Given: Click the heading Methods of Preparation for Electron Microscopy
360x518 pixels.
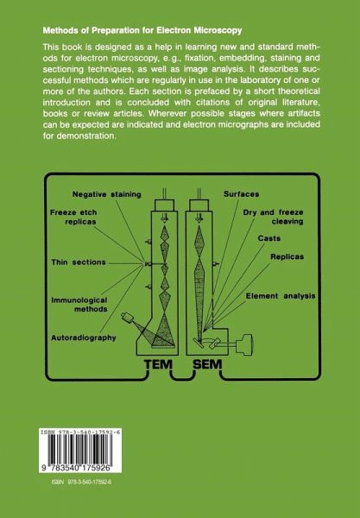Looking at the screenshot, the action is point(142,31).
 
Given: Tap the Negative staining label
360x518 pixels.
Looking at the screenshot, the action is point(107,194).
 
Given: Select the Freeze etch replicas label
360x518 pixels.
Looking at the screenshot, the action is point(73,217).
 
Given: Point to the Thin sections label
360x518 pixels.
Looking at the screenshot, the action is point(79,262).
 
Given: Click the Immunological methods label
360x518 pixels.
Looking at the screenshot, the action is point(79,305).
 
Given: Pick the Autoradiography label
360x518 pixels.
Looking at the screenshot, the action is point(84,338).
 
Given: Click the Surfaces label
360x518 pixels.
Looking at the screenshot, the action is point(241,194).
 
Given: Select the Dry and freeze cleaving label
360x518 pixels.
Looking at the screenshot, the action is point(273,217).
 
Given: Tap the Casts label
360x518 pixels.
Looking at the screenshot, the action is point(269,238).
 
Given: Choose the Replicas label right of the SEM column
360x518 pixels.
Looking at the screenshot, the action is point(287,256).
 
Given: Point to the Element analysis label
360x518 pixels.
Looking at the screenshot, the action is point(281,296).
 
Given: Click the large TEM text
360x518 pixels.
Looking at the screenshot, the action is point(159,364).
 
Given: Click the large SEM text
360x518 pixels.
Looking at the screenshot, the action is point(207,364).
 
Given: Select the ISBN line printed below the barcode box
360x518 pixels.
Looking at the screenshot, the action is point(81,482).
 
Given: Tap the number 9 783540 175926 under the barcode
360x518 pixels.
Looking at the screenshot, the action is point(80,469).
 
